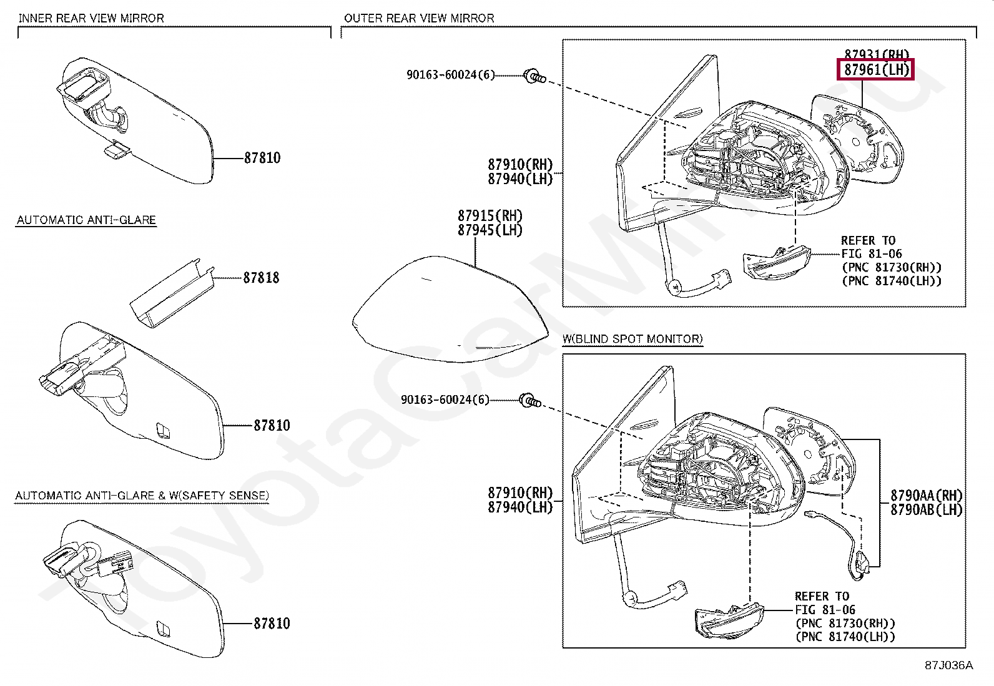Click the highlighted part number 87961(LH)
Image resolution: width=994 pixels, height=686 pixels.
coord(875,69)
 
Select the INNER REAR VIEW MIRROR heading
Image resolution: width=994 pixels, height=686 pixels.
coord(91,18)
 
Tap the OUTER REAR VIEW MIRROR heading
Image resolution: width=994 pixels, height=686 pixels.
coord(419,18)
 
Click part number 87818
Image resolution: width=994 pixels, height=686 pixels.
coord(261,278)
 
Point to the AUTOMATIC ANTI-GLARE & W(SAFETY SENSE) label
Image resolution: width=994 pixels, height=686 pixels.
coord(142,496)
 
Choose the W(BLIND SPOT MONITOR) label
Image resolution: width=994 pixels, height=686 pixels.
coord(632,339)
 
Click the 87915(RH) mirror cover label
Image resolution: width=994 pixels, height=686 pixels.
coord(490,216)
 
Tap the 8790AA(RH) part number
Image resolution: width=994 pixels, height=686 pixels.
coord(926,496)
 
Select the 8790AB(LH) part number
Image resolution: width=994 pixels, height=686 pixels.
coord(926,510)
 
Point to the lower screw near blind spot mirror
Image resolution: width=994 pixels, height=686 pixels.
coord(530,401)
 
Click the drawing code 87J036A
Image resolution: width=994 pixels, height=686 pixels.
coord(948,665)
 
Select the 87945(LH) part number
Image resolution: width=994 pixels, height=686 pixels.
coord(490,230)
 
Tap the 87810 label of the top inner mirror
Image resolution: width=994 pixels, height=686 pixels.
coord(262,159)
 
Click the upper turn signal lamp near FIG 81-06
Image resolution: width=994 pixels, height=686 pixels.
coord(776,262)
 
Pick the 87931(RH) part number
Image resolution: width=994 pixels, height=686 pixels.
coord(877,54)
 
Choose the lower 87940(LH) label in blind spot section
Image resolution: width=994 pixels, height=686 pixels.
coord(521,507)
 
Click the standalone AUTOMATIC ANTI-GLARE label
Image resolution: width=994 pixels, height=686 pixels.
coord(86,220)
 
